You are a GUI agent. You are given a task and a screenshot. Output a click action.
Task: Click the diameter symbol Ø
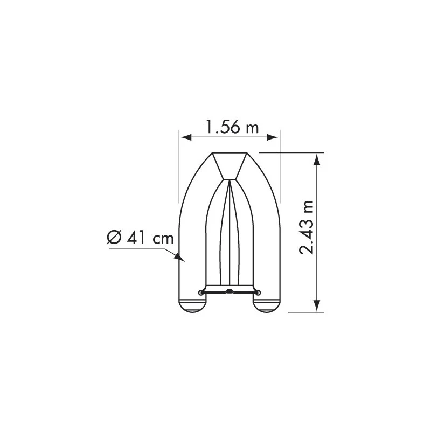pos(114,238)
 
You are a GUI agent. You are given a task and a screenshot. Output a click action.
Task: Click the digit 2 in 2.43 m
pos(308,248)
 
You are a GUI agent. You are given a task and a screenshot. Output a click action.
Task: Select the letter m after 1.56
pos(251,127)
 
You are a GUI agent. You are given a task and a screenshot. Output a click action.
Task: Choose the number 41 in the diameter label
pos(136,238)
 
